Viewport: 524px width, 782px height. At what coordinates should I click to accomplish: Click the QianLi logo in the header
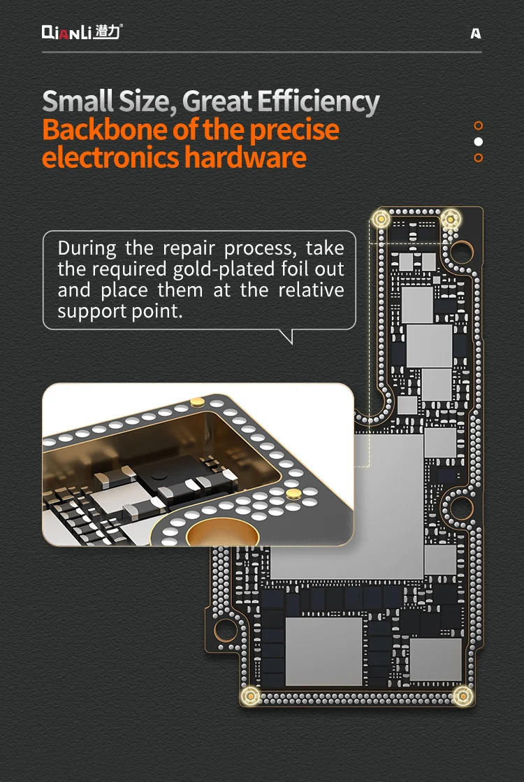click(x=82, y=32)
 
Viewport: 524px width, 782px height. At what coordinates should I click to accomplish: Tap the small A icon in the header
click(x=476, y=34)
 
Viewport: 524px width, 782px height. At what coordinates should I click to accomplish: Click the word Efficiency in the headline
click(x=319, y=102)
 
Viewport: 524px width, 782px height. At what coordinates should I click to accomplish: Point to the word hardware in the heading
click(x=245, y=157)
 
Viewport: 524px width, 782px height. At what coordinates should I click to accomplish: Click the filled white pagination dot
click(x=478, y=141)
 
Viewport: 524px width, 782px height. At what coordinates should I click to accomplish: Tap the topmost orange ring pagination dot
click(x=478, y=125)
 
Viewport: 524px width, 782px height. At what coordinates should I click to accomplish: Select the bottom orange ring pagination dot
click(x=478, y=157)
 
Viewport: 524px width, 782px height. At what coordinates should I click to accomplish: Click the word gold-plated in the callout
click(x=224, y=270)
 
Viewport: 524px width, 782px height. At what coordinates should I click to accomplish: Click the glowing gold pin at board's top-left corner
click(x=381, y=218)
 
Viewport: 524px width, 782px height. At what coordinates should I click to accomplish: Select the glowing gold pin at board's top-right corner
click(x=450, y=218)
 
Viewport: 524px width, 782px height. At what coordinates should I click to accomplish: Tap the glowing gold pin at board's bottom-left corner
click(x=250, y=696)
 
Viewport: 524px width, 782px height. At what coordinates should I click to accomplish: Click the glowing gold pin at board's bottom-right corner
click(x=463, y=696)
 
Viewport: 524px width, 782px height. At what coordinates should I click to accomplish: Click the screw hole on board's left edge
click(x=225, y=631)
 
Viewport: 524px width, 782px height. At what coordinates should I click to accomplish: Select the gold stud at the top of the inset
click(x=197, y=401)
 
